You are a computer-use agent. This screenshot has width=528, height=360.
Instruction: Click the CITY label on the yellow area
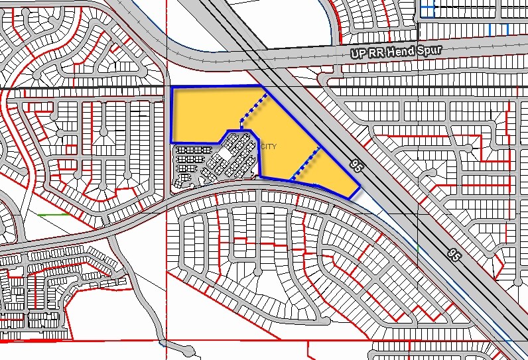tap(269, 147)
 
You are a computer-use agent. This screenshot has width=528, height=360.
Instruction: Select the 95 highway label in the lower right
tap(454, 254)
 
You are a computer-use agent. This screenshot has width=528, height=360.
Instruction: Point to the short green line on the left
tap(54, 215)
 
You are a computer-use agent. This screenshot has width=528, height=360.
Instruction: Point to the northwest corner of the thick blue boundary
tap(172, 88)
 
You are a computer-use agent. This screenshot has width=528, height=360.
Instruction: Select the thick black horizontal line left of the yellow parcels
tap(80, 87)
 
